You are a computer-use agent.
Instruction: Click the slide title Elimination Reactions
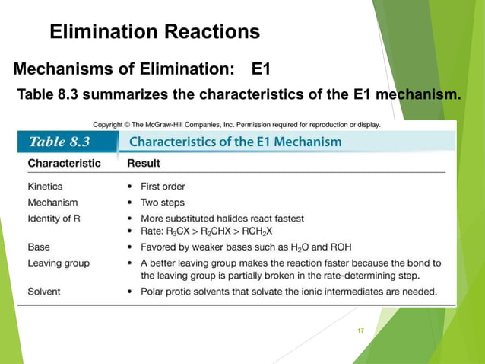point(154,32)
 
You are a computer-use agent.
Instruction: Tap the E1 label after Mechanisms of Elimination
point(262,70)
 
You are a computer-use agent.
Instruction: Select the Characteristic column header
point(63,163)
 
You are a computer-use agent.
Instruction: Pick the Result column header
point(143,163)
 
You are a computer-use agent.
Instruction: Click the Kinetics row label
point(45,186)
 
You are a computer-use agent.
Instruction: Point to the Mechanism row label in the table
point(52,203)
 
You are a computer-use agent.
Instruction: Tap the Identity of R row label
point(59,219)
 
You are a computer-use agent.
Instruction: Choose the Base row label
point(39,247)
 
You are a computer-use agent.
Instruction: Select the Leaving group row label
point(59,263)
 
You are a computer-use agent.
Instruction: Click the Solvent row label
point(44,291)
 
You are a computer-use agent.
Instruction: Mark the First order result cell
point(163,186)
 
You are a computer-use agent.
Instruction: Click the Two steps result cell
point(162,203)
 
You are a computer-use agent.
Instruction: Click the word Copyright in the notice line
point(109,124)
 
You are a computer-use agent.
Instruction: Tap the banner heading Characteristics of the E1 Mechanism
point(235,142)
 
